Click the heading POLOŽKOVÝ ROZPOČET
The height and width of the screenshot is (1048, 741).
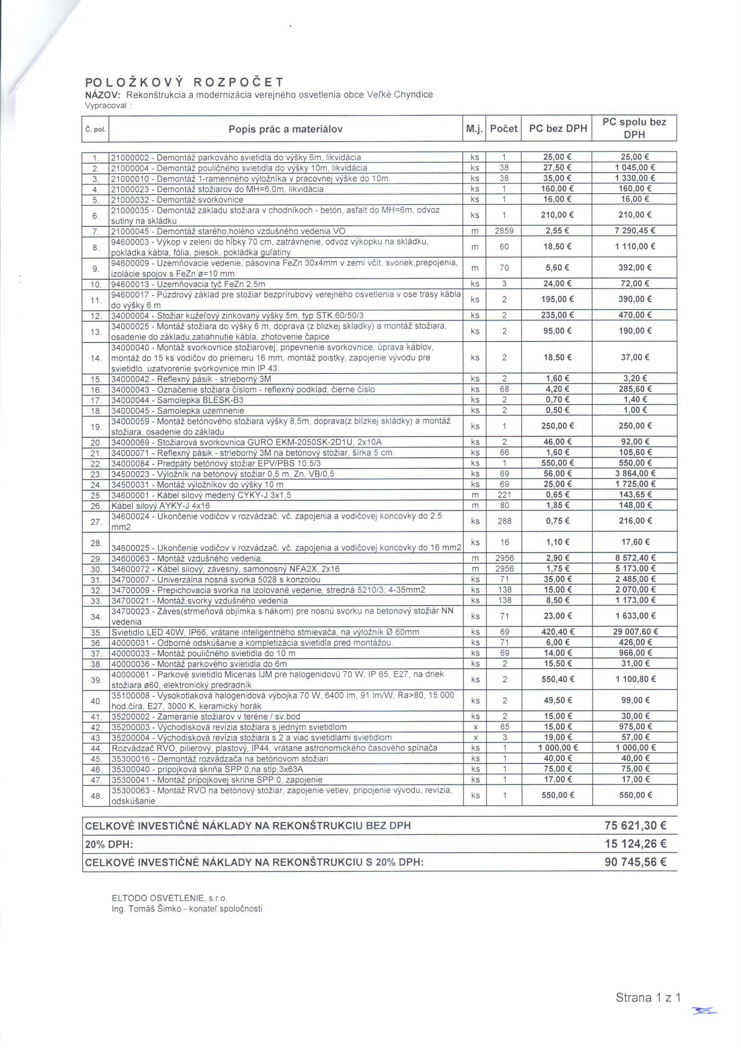(184, 82)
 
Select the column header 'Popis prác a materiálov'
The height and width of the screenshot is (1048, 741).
(285, 129)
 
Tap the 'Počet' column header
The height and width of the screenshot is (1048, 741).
(503, 129)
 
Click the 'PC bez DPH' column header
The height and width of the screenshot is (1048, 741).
(558, 129)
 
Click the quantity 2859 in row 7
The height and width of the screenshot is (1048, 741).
(504, 231)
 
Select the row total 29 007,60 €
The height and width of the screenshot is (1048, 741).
(634, 632)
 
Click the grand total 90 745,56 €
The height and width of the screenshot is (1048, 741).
(635, 862)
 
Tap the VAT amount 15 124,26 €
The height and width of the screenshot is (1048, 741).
(635, 844)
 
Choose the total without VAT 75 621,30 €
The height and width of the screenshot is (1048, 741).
(635, 825)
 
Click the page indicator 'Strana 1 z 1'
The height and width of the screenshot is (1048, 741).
(648, 998)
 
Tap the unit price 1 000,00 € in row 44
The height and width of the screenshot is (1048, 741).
(558, 748)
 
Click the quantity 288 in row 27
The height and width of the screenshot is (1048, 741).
(504, 521)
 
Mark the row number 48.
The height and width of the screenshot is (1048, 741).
(96, 796)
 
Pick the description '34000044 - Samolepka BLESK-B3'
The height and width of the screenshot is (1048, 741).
(181, 400)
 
